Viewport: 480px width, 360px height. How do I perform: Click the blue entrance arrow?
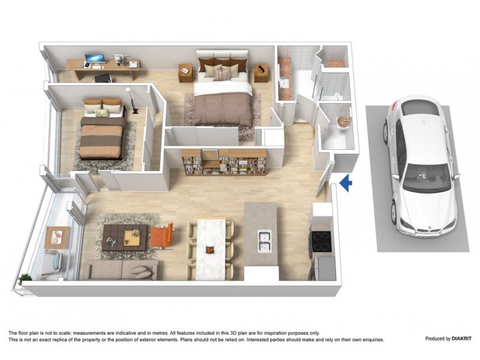[x=345, y=183]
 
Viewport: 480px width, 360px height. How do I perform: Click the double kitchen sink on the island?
[x=264, y=240]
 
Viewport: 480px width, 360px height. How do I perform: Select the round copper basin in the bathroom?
[x=343, y=121]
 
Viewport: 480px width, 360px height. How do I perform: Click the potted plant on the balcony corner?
[x=25, y=279]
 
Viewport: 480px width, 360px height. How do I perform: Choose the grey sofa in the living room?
[x=120, y=270]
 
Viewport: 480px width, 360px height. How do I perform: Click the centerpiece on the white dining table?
[x=209, y=249]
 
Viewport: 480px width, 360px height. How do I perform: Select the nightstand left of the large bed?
[x=185, y=74]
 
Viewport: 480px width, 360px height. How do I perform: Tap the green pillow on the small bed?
[x=102, y=113]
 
